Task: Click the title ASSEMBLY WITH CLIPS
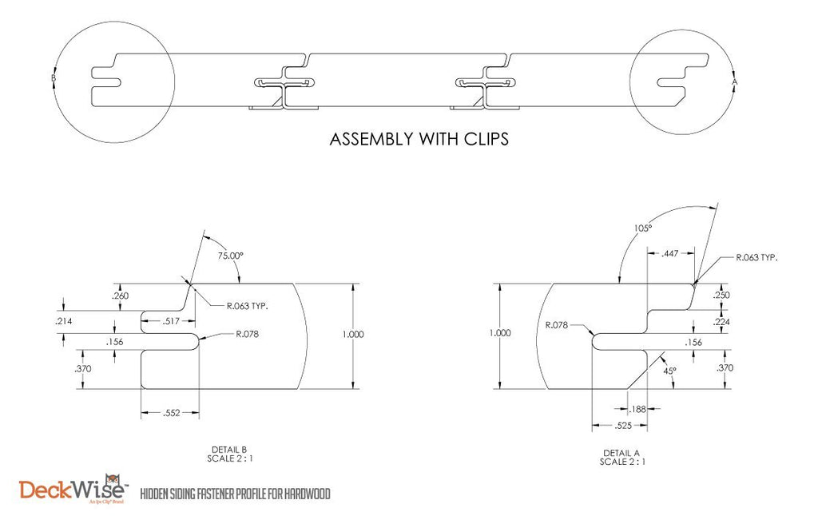pos(419,139)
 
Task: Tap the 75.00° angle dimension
pos(230,256)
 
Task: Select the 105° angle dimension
pos(643,228)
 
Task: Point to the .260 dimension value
pos(121,296)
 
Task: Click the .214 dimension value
pos(64,321)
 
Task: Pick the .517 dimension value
pos(171,321)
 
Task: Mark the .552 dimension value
pos(171,413)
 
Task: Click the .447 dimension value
pos(670,253)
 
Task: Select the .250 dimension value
pos(721,295)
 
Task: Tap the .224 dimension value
pos(721,322)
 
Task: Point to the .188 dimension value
pos(637,409)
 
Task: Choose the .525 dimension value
pos(623,426)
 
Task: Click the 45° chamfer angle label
pos(669,371)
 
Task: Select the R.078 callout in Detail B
pos(247,334)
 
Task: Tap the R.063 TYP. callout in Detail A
pos(756,257)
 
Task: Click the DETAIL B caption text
pos(229,450)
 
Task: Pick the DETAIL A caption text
pos(621,453)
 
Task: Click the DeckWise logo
pos(73,490)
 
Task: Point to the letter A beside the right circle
pos(735,82)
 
